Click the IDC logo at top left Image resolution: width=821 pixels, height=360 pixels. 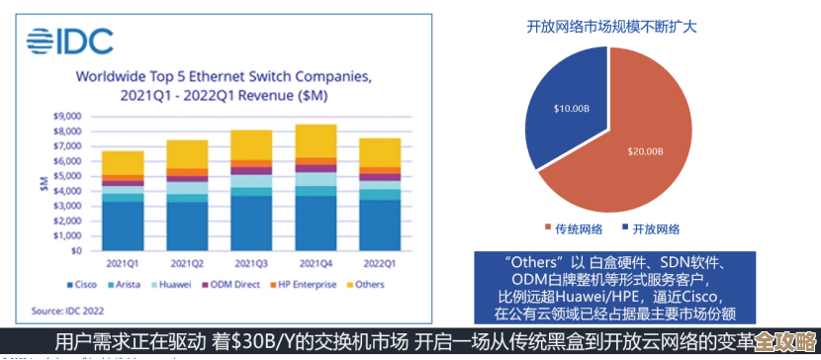tap(70, 41)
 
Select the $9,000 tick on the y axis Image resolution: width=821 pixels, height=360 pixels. tap(66, 116)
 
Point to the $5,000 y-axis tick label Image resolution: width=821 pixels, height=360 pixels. tap(66, 176)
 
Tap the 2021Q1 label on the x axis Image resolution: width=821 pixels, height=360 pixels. tap(123, 264)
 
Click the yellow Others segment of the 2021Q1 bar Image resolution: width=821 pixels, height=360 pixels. tap(123, 162)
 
